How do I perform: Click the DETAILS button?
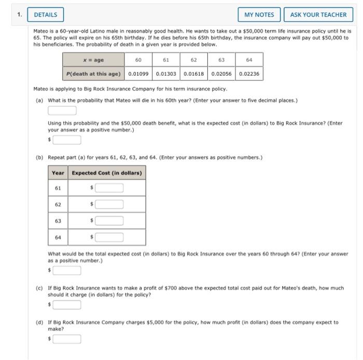coord(45,15)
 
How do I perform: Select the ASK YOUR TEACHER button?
coord(318,15)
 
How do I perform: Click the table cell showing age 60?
coord(138,60)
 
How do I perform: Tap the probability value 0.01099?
coord(138,74)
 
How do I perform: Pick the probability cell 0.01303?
coord(166,74)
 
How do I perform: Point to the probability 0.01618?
coord(194,74)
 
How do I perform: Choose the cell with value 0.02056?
coord(221,74)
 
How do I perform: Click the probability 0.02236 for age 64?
coord(249,74)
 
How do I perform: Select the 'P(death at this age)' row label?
coord(94,74)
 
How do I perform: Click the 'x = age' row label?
coord(94,60)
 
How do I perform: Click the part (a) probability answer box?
coord(62,110)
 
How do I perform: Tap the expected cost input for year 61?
coord(109,188)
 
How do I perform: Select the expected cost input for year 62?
coord(109,204)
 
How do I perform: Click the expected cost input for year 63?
coord(109,221)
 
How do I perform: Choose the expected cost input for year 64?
coord(109,238)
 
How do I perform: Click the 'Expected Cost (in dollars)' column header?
coord(106,173)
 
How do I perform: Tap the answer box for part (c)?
coord(66,304)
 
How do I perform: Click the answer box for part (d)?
coord(66,339)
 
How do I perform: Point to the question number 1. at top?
coord(20,15)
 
